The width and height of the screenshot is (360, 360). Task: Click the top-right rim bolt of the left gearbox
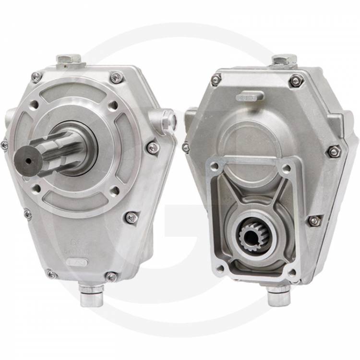(x=116, y=77)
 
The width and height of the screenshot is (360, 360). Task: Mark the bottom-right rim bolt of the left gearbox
(x=111, y=276)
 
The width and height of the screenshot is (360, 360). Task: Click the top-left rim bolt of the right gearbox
(x=216, y=79)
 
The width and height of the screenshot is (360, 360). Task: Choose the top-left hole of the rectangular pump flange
(x=214, y=166)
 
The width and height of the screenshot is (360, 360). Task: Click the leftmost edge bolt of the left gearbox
(x=4, y=144)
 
